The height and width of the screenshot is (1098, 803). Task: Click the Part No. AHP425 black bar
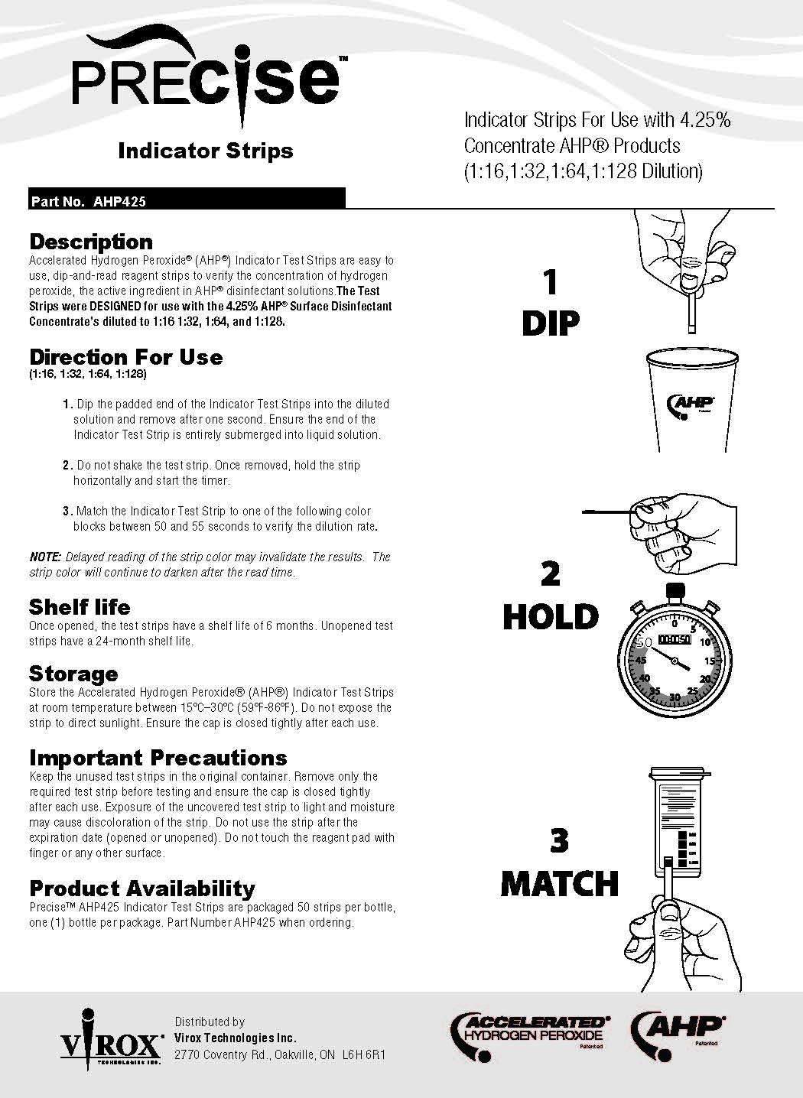187,200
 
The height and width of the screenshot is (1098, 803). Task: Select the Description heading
91,242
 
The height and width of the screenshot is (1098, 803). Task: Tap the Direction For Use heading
126,357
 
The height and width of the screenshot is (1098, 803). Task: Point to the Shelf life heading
80,607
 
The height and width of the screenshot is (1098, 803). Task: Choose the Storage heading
73,674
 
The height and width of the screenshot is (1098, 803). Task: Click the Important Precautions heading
158,758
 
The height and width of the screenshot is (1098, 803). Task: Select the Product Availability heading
142,888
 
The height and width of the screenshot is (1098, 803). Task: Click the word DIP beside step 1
550,323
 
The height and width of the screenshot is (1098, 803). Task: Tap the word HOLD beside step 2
551,618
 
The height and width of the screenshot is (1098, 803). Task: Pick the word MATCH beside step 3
559,884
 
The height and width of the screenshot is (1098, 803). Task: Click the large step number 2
551,575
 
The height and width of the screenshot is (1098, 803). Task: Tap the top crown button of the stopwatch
675,591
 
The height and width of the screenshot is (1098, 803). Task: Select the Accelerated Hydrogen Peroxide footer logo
530,1036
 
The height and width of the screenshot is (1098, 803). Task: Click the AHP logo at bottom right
677,1035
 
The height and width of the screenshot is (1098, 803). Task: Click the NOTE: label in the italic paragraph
46,557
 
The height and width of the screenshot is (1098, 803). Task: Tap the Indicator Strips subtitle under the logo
205,151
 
